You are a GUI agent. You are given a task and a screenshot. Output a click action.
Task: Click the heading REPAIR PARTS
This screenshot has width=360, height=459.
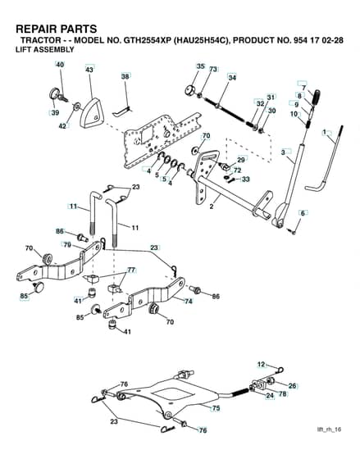57,29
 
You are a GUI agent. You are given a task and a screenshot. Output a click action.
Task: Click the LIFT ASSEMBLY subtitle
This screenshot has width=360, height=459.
45,49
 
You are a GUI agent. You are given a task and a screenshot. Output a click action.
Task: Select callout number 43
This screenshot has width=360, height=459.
89,70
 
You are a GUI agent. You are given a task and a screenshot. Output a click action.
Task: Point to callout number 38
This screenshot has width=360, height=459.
125,76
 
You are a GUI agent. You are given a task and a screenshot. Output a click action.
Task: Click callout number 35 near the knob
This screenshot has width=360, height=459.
201,66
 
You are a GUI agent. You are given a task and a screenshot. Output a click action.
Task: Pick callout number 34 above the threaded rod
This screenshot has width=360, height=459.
232,78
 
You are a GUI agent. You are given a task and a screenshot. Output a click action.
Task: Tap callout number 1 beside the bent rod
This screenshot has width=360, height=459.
324,133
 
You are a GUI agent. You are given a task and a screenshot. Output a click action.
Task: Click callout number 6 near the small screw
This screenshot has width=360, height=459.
303,213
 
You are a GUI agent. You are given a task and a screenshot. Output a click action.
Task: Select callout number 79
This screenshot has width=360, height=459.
68,245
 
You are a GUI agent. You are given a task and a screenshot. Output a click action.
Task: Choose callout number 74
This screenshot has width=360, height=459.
189,301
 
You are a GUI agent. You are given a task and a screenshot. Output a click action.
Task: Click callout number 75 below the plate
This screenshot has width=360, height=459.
216,408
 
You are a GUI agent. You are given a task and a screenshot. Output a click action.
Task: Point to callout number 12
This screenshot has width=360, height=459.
261,365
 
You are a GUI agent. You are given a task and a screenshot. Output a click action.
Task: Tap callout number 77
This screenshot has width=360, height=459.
131,270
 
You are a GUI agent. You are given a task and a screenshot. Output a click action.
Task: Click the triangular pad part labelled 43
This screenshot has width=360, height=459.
92,113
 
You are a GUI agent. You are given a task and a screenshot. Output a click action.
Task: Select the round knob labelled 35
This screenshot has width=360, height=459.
191,89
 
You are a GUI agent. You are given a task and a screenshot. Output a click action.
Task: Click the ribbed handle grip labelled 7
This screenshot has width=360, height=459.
317,97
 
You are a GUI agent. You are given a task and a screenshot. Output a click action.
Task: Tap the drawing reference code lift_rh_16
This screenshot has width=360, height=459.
329,429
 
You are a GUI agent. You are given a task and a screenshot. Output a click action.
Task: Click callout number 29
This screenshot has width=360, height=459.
241,160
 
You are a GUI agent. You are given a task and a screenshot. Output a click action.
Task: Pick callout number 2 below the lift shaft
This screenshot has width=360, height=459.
212,207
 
